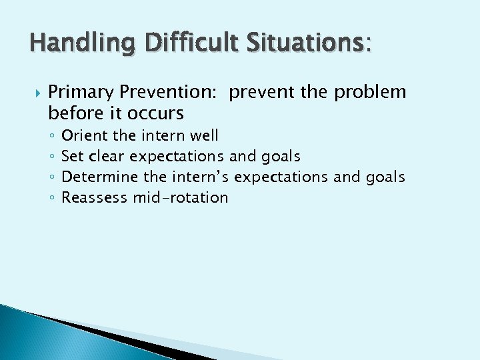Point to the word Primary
coord(81,92)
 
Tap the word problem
coord(371,92)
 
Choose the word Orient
coord(85,135)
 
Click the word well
coord(203,135)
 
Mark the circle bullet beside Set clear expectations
coord(51,157)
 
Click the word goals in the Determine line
coord(385,177)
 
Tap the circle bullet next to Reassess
coord(51,199)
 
